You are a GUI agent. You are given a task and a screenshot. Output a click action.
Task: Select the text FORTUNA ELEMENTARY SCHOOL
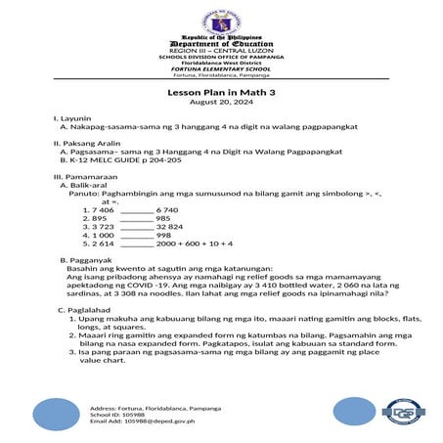click(x=220, y=70)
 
